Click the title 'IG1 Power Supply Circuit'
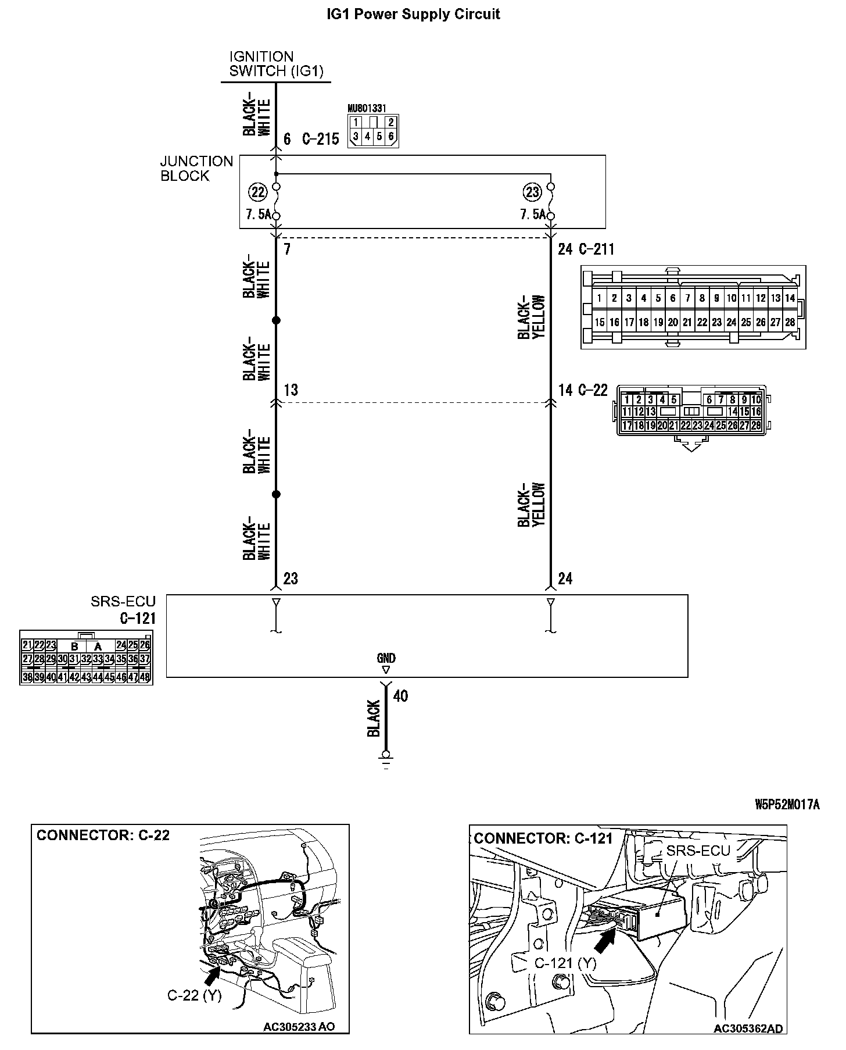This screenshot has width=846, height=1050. click(x=413, y=14)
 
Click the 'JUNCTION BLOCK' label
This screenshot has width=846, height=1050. click(x=196, y=169)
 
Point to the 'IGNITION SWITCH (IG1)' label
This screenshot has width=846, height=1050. click(x=276, y=64)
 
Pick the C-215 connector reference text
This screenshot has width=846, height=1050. click(x=320, y=140)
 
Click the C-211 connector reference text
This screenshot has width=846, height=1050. click(x=596, y=249)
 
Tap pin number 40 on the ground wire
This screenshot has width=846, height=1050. click(x=400, y=696)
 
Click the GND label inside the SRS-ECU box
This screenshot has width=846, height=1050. click(x=386, y=658)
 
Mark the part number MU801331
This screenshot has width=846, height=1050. click(x=367, y=108)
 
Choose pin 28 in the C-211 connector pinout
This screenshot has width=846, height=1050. click(x=790, y=322)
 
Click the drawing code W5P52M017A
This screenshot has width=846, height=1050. click(x=787, y=805)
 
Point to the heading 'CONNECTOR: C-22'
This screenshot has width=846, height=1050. click(x=103, y=835)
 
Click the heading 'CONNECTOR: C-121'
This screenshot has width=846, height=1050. click(x=543, y=838)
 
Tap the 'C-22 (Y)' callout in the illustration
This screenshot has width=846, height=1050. click(x=195, y=995)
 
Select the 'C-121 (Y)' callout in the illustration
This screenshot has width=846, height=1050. click(x=565, y=963)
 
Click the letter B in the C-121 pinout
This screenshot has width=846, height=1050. click(x=74, y=646)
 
